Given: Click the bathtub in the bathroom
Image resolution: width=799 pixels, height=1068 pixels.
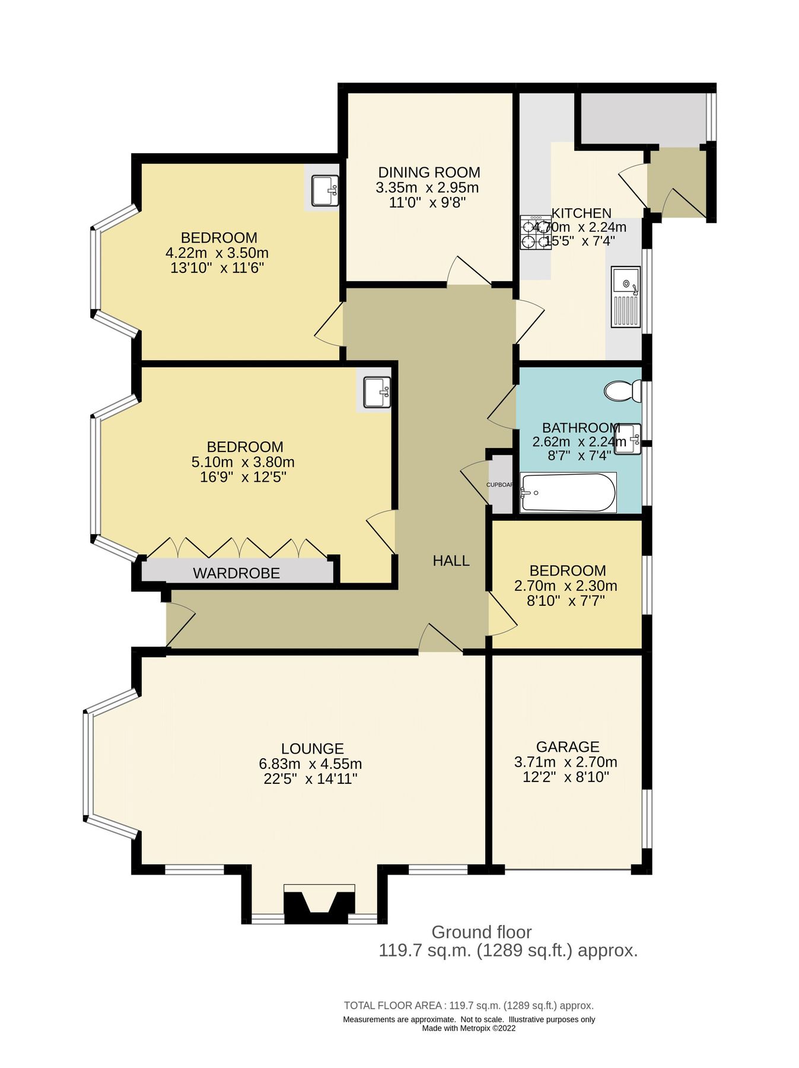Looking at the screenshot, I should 568,492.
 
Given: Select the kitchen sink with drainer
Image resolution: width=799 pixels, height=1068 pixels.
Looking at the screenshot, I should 626,297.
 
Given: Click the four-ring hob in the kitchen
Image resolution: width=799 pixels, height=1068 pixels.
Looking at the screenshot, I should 535,233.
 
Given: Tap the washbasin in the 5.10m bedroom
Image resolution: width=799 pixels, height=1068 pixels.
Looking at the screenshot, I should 377,392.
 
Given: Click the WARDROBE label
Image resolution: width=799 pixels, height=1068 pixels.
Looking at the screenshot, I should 236,573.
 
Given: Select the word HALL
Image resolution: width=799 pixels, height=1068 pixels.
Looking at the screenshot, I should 451,561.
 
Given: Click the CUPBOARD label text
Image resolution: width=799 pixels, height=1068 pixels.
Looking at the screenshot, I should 499,485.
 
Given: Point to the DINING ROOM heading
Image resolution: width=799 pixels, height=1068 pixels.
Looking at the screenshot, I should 429,173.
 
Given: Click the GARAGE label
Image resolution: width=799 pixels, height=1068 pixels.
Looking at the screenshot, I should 567,747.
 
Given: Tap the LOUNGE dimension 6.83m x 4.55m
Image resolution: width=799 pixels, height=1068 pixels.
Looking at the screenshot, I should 310,764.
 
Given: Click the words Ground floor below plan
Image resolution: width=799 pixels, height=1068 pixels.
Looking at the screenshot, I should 481,932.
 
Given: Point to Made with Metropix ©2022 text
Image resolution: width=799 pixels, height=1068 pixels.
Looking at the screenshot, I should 469,1028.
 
